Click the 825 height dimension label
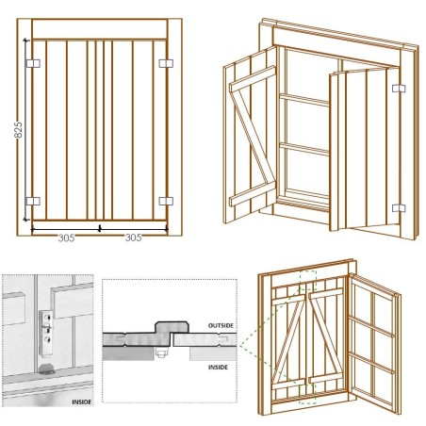[19, 130]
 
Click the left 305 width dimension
[66, 238]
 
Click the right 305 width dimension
[133, 238]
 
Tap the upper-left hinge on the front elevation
[33, 63]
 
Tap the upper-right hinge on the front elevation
[166, 63]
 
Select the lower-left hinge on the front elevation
[33, 201]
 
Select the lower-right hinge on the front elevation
[166, 201]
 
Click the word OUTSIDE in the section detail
[221, 326]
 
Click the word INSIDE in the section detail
[218, 368]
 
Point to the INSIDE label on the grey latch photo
[82, 402]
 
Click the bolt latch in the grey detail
[46, 333]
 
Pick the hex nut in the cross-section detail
[161, 352]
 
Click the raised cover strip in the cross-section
[172, 327]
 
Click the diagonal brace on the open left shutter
[253, 137]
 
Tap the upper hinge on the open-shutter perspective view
[399, 89]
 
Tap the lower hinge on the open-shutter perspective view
[399, 208]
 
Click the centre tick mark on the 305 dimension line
[100, 228]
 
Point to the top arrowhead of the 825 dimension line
[25, 41]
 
